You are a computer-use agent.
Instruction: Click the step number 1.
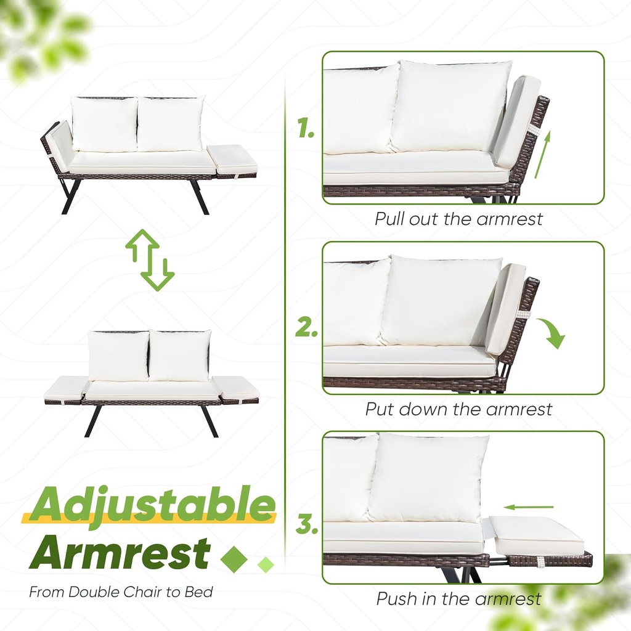coord(306,129)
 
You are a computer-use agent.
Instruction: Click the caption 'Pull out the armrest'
coord(458,219)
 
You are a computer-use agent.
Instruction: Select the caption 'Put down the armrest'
coord(458,409)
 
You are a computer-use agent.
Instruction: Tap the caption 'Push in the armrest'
coord(458,598)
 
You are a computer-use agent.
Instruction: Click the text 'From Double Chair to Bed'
coord(121,593)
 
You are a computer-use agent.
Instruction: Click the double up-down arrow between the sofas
coord(150,259)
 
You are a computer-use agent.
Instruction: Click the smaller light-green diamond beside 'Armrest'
coord(266,563)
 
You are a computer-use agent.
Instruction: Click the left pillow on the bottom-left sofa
coord(118,356)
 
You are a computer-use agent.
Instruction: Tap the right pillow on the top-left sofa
coord(170,124)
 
